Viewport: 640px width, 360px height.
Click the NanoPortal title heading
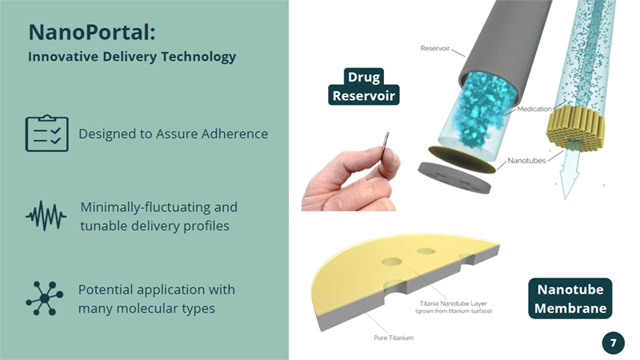[x=92, y=32]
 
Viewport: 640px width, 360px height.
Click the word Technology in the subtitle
[x=198, y=57]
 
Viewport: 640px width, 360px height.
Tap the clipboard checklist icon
[x=47, y=133]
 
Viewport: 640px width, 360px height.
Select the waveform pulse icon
[x=46, y=215]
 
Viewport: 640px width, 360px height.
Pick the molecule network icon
[x=45, y=298]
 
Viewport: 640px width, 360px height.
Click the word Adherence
[x=234, y=134]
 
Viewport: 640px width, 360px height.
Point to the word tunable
[x=104, y=226]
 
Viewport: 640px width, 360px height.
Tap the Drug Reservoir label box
[x=364, y=86]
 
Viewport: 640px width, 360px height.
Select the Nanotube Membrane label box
[x=570, y=298]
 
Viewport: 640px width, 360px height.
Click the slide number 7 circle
[x=613, y=342]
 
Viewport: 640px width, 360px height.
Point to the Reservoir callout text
[x=434, y=48]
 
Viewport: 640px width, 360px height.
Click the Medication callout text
[x=534, y=109]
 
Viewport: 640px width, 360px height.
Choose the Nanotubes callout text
[x=526, y=161]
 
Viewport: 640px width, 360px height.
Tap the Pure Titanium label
[x=394, y=338]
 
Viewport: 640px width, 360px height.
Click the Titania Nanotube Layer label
[x=454, y=303]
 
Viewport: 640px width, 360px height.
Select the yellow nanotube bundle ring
[x=575, y=127]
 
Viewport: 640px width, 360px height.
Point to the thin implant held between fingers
[x=385, y=150]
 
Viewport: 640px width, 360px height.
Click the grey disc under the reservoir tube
[x=454, y=178]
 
